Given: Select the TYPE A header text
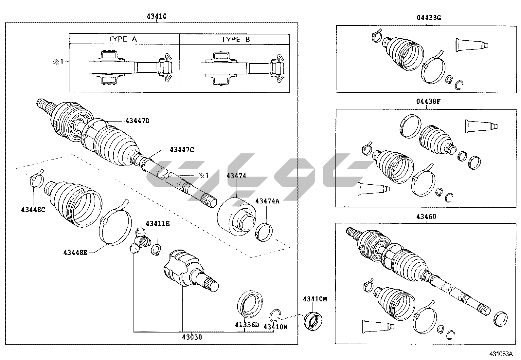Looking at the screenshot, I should [123, 39].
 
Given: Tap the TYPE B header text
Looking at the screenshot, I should [236, 39].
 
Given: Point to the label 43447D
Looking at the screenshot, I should [137, 121].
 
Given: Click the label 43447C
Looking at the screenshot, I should [182, 150].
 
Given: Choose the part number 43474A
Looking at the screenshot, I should [267, 201].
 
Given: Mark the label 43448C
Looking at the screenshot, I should [33, 209].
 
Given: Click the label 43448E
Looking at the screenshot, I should [75, 252].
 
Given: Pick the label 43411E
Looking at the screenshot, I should [158, 223].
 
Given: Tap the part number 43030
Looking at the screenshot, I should [192, 337].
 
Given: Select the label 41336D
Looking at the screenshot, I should [247, 325].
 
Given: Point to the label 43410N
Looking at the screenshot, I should [275, 327].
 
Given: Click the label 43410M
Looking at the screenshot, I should [315, 299].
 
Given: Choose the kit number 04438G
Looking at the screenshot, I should [429, 18].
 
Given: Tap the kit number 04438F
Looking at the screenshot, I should [428, 102].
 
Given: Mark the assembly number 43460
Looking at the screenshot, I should [426, 217].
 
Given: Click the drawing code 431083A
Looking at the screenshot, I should [501, 354].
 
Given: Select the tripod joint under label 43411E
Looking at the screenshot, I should [140, 241].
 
